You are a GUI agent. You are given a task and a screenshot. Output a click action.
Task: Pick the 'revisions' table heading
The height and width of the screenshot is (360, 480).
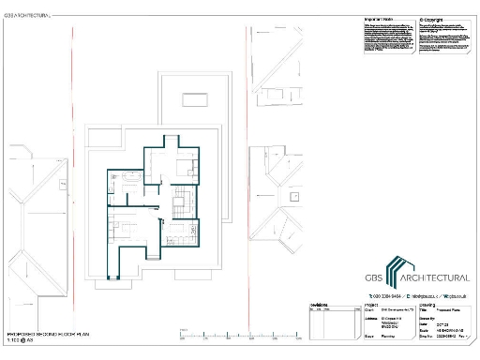319,305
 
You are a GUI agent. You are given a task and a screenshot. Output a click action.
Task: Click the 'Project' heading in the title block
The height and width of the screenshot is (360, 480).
370,305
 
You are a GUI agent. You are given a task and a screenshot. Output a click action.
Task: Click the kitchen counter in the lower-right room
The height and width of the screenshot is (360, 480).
178,234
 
